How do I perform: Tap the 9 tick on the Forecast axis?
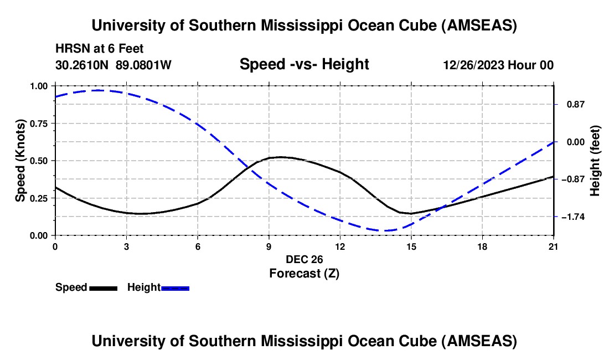269,247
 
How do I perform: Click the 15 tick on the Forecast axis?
411,247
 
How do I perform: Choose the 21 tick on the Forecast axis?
554,247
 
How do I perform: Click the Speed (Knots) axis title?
20,161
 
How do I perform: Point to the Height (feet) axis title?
596,161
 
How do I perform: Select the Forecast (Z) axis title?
304,273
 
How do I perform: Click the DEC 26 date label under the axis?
304,259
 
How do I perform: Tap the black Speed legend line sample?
103,288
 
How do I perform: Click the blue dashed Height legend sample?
175,288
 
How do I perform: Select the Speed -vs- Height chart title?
304,64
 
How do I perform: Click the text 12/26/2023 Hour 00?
498,65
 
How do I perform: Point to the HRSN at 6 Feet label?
100,49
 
